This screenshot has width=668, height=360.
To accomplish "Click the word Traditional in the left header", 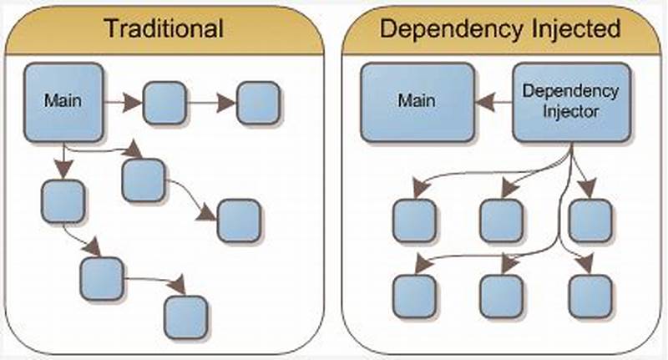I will point(163,28).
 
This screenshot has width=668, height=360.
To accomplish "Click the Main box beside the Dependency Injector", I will point(417,101).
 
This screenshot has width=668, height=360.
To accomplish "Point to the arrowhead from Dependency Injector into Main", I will point(483,101).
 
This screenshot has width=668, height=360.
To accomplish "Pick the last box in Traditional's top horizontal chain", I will point(260,103).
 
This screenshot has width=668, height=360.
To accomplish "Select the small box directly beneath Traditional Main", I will point(63,200).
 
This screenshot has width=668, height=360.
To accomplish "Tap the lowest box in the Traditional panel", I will point(185,317).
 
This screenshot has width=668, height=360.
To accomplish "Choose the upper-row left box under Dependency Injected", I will point(413,221).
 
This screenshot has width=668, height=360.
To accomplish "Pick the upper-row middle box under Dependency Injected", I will point(501,221).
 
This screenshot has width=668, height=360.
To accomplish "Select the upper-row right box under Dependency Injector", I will point(590,221).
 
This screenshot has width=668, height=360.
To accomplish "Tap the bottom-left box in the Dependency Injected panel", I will point(413,296).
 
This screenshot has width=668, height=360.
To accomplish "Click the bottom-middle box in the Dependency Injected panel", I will point(501,296).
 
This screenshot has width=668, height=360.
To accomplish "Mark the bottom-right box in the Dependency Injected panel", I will point(590,296).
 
